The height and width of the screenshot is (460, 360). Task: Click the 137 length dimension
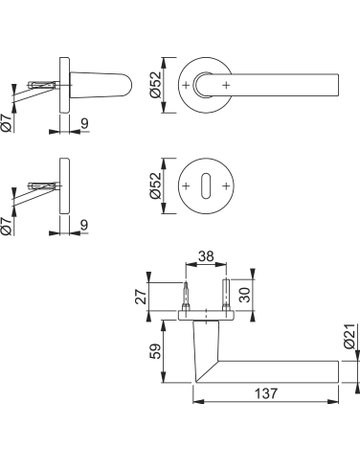click(x=266, y=394)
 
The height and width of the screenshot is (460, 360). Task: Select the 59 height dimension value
click(x=155, y=351)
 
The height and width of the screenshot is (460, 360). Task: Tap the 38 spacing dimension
click(x=206, y=256)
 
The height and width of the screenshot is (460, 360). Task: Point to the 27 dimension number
click(x=142, y=296)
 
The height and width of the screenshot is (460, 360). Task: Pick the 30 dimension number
click(x=245, y=294)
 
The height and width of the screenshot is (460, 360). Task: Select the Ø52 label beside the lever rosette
click(x=155, y=85)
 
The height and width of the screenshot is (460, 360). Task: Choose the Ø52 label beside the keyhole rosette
click(x=155, y=185)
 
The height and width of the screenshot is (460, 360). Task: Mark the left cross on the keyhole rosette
click(x=186, y=186)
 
